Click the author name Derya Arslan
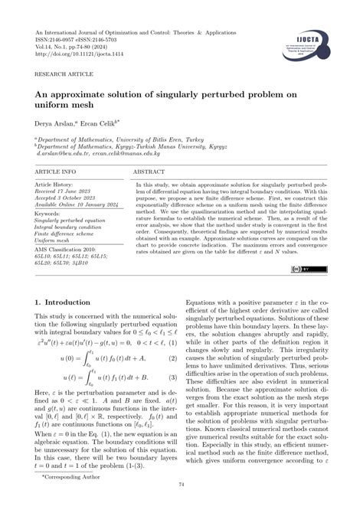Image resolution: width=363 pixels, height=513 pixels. coord(57,122)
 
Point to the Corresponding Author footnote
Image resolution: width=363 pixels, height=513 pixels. coord(67,498)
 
